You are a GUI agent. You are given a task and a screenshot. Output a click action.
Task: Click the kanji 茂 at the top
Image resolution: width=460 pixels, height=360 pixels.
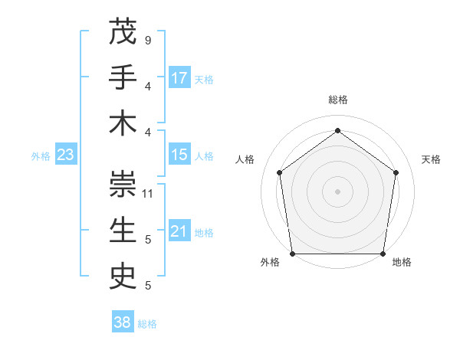click(123, 31)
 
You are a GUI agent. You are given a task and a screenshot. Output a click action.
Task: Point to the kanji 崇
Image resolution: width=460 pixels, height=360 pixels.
click(123, 185)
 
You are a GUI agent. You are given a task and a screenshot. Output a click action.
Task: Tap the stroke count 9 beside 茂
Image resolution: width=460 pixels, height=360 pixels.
click(147, 40)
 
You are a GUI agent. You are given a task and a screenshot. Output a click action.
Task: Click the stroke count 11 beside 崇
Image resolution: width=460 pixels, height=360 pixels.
click(148, 193)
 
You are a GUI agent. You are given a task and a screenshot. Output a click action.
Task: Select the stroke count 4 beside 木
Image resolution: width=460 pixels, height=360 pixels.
click(147, 132)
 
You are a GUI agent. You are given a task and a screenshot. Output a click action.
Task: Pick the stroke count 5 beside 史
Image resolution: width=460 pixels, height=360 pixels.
click(147, 286)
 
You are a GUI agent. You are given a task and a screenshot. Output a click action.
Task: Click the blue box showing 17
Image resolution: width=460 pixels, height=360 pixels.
click(179, 77)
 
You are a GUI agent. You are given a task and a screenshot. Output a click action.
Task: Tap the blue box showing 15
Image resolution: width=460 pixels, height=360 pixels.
click(179, 155)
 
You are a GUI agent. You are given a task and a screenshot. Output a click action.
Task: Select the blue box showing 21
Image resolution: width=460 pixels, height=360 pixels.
click(179, 231)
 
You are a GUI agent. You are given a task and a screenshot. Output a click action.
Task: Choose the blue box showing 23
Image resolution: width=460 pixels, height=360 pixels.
click(65, 155)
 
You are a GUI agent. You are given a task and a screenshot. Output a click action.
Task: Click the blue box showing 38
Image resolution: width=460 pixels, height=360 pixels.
click(123, 322)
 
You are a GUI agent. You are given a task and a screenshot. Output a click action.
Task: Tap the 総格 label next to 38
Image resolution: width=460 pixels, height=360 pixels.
click(147, 324)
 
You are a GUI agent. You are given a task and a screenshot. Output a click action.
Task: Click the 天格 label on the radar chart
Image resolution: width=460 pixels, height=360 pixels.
click(431, 159)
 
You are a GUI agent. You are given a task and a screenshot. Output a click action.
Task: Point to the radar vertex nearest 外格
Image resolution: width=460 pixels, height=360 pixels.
click(292, 254)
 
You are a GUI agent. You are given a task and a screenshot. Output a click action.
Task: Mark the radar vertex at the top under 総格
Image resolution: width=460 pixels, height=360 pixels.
click(337, 130)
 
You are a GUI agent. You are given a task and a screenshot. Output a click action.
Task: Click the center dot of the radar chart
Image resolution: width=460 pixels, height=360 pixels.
click(337, 191)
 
